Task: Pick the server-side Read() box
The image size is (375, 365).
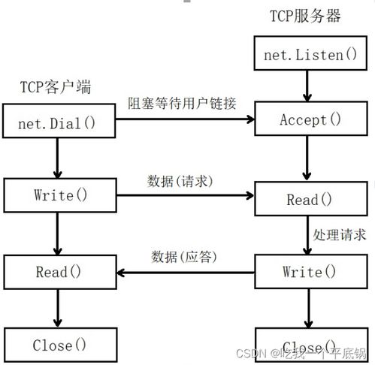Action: (308, 200)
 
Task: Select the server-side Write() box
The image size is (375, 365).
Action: (308, 271)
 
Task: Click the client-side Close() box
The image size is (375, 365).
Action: (60, 345)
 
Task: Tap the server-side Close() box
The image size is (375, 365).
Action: (308, 347)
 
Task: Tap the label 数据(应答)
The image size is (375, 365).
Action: (185, 256)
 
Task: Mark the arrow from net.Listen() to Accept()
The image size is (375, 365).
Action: (307, 86)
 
